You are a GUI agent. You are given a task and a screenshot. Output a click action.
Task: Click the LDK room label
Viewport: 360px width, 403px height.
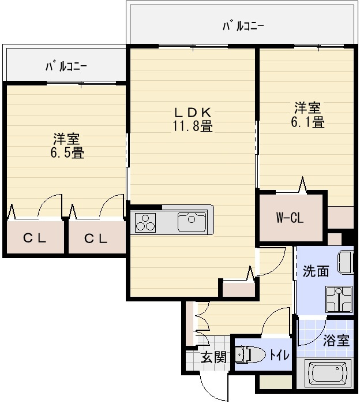coord(193,113)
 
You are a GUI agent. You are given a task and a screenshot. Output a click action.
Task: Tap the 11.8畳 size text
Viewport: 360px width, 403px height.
coord(192,126)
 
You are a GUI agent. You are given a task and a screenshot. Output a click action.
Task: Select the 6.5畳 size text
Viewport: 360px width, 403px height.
coord(67,153)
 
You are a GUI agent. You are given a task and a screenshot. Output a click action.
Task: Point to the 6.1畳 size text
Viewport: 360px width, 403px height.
coord(307,122)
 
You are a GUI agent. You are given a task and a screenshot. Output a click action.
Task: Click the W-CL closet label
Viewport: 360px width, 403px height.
coord(290,218)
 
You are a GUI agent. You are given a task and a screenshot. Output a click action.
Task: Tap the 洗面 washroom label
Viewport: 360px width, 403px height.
coord(316,271)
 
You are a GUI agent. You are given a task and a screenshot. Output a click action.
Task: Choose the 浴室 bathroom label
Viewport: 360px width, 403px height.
coord(336,341)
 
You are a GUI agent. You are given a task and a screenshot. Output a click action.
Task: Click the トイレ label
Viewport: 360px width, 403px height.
coord(279,356)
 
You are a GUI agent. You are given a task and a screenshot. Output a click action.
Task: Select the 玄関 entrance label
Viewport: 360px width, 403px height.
coord(213,357)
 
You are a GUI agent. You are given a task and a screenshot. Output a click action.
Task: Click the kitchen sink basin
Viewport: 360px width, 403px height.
coord(192,222)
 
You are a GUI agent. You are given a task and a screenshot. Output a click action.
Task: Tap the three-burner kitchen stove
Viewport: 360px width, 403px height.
coord(145,223)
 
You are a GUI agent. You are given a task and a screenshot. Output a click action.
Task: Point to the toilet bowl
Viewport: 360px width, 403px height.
coord(250,355)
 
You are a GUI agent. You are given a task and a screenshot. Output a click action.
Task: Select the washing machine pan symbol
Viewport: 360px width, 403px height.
coord(339,299)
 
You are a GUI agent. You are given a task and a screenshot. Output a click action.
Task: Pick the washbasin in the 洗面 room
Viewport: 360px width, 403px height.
coord(346,263)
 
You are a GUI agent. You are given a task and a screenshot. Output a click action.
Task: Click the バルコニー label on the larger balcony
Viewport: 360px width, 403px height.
coord(243,26)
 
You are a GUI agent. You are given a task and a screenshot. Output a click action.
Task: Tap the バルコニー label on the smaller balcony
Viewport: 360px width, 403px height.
coord(66,67)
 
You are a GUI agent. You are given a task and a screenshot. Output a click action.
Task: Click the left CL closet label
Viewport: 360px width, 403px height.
coord(35,238)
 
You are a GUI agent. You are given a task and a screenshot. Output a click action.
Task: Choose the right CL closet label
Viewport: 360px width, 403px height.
coord(96,239)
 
